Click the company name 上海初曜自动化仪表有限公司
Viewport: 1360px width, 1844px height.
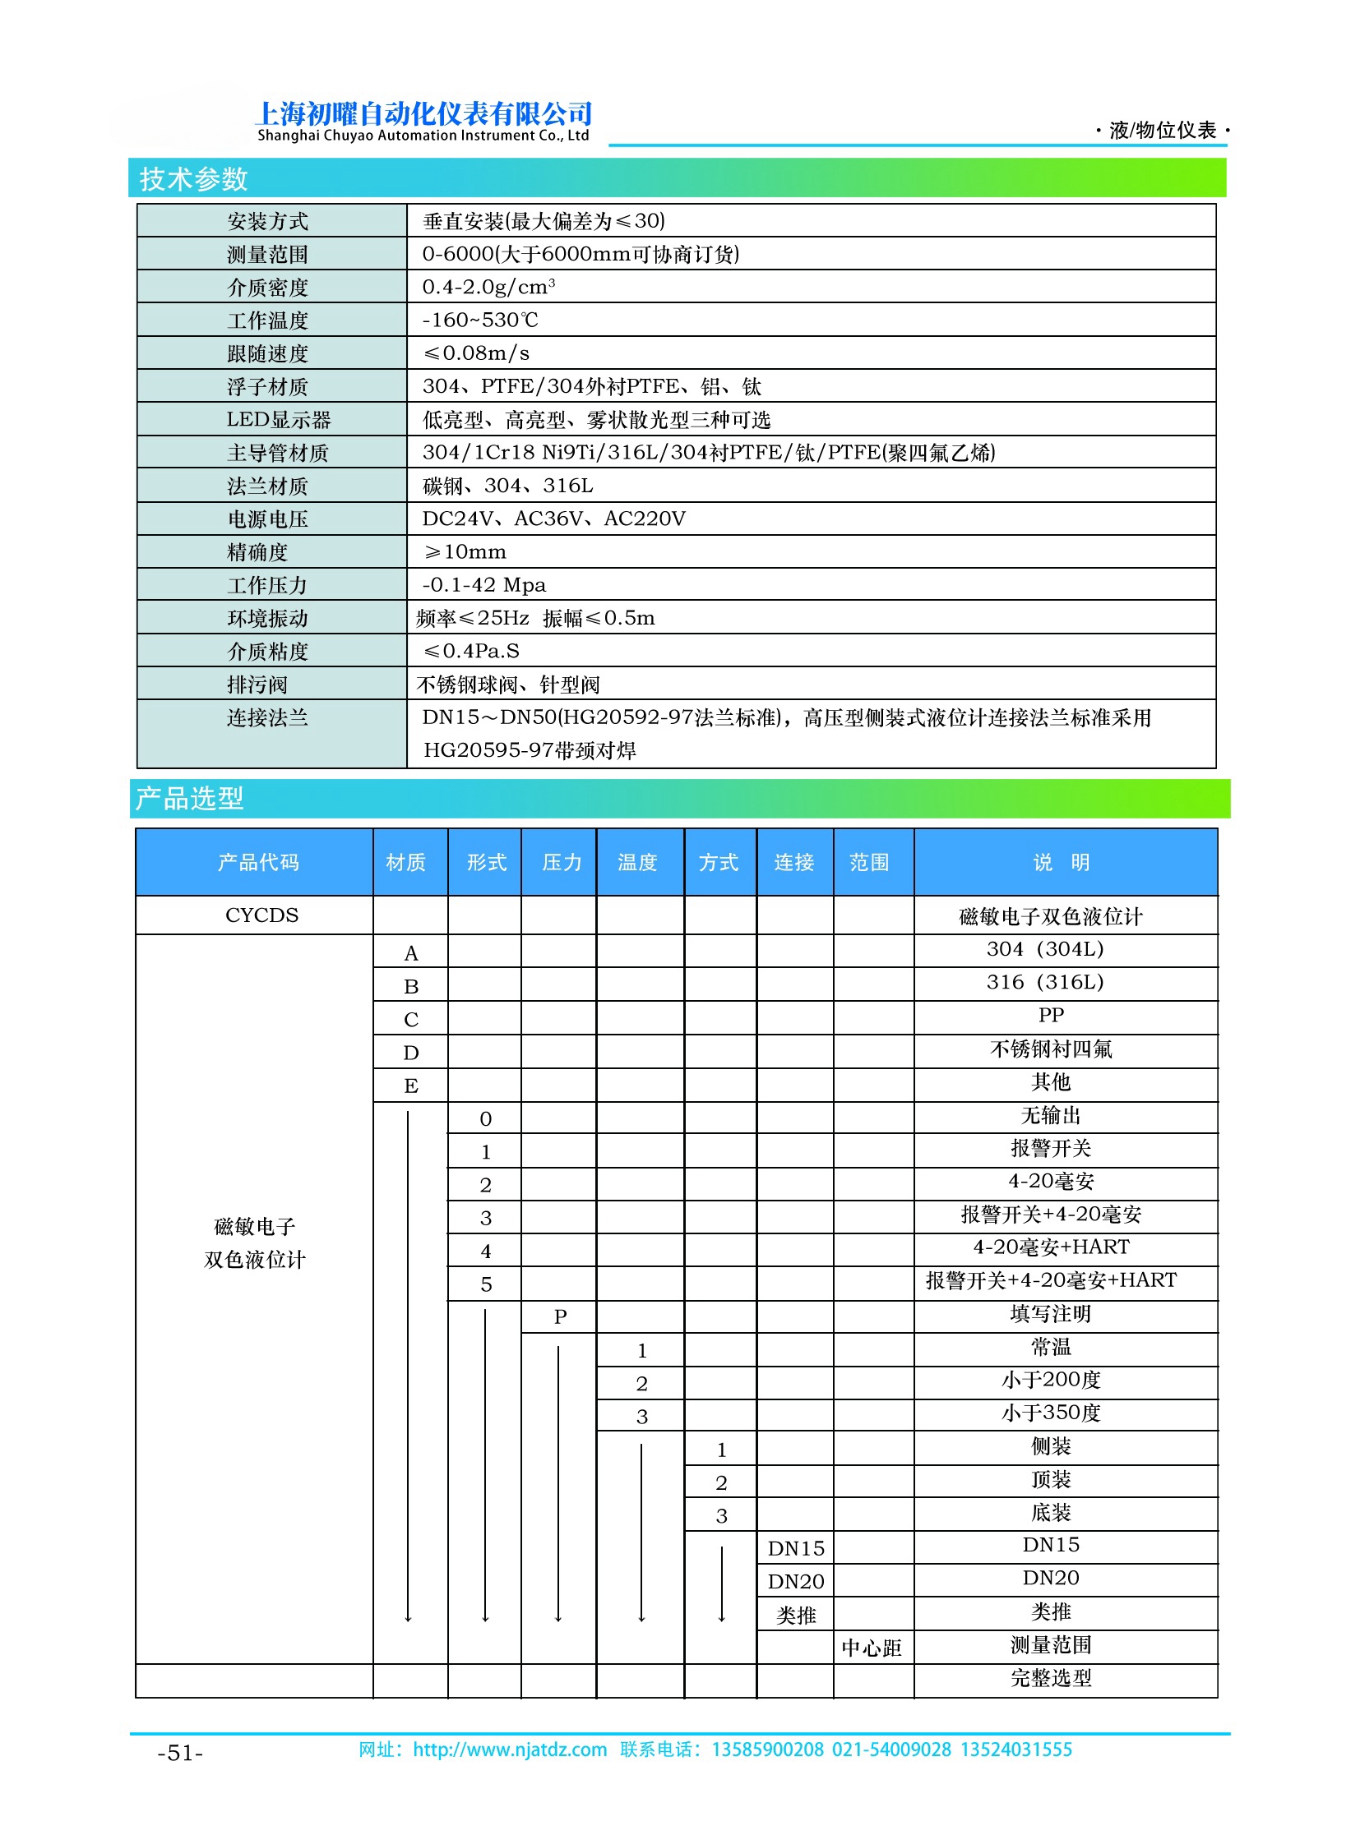(423, 113)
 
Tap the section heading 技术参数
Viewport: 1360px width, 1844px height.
(193, 178)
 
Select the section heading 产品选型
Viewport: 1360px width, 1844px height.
(189, 798)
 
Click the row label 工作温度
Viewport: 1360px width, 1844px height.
(267, 320)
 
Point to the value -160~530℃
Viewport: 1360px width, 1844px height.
(480, 320)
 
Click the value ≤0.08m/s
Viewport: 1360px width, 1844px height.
(476, 353)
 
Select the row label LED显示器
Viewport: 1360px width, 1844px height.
(278, 420)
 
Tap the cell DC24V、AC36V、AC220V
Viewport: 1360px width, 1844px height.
(553, 519)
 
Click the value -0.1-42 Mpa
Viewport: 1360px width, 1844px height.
(484, 584)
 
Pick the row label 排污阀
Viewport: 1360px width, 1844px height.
(257, 684)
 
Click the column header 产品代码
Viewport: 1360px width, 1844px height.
(257, 861)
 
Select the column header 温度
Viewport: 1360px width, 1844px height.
(638, 861)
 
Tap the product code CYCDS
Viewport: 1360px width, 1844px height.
(261, 915)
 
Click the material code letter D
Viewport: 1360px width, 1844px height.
(411, 1053)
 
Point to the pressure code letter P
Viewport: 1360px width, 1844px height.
(560, 1316)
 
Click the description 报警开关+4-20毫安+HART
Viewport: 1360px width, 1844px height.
(1052, 1280)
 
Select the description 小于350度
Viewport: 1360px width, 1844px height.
(1052, 1413)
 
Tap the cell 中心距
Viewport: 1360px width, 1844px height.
(872, 1648)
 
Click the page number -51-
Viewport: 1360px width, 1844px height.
(180, 1753)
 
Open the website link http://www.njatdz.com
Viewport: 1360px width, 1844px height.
(510, 1749)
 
